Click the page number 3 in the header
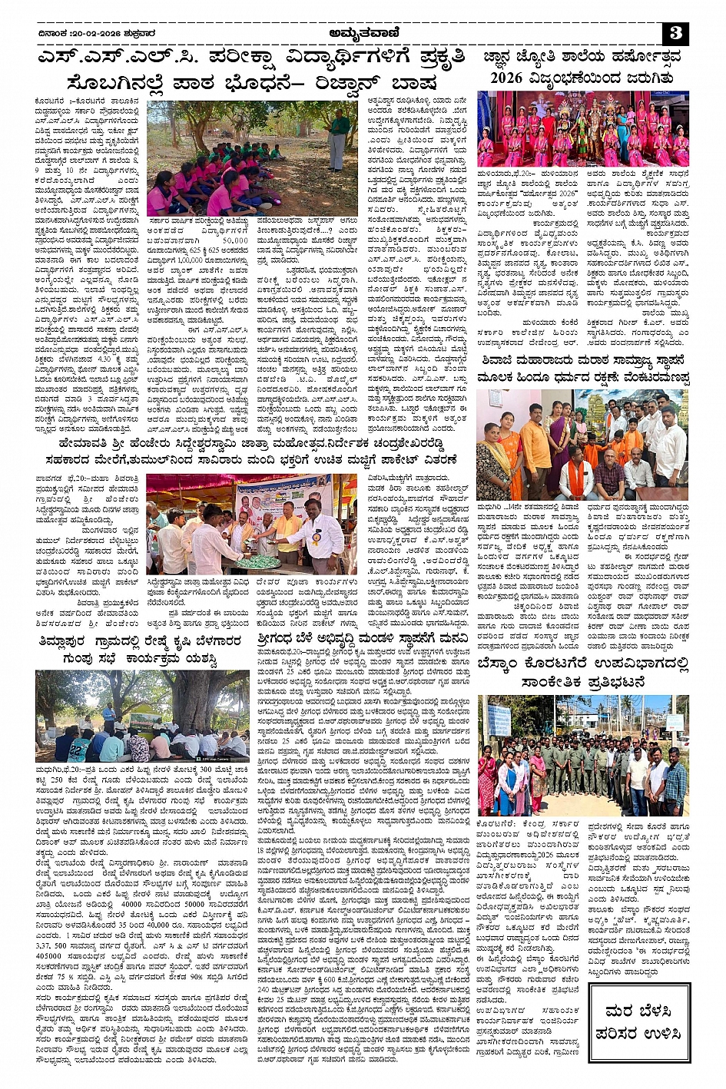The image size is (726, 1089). (675, 33)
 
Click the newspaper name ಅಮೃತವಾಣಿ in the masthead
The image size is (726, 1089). (363, 33)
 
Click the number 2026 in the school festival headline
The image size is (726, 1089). (506, 78)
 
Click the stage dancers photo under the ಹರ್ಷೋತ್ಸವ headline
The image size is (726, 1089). (583, 129)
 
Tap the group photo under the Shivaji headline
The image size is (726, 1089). (582, 445)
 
